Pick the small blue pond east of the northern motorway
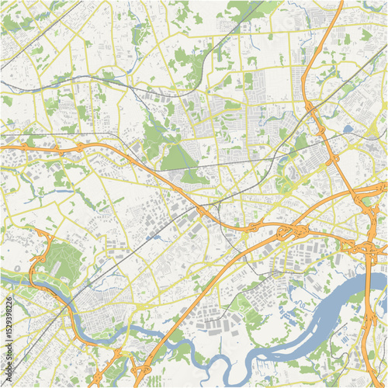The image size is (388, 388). click(x=347, y=129)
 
